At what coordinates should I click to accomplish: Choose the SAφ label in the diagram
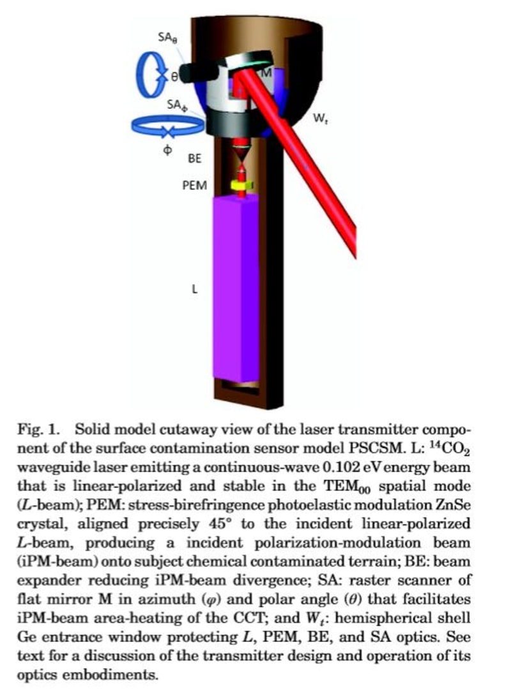pos(176,105)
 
